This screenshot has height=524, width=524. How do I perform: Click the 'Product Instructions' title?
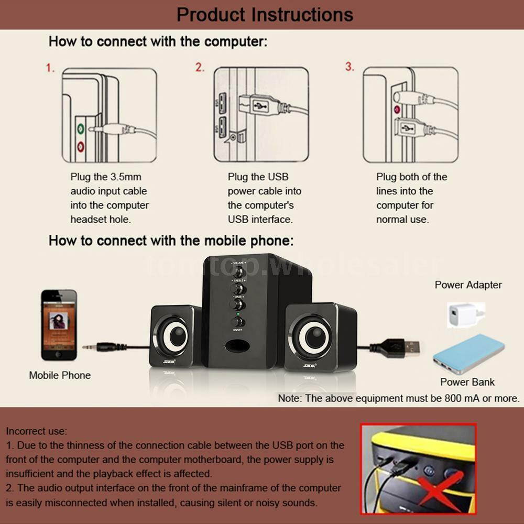(x=265, y=14)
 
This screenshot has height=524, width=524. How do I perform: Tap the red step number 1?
(x=50, y=68)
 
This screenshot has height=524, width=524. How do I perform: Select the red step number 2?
(x=200, y=68)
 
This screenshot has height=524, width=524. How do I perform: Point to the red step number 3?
(x=350, y=67)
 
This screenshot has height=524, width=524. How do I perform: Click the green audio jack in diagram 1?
(x=81, y=127)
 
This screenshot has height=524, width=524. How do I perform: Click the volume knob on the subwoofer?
(x=238, y=272)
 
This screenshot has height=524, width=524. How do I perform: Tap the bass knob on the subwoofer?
(x=238, y=304)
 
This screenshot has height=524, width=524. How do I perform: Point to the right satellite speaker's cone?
(x=313, y=335)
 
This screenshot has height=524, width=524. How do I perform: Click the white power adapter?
(x=461, y=314)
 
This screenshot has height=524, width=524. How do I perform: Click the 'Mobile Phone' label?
(x=60, y=375)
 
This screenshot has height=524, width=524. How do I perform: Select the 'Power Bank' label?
(x=467, y=382)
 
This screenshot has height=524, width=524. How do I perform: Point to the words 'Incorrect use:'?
(x=37, y=431)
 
